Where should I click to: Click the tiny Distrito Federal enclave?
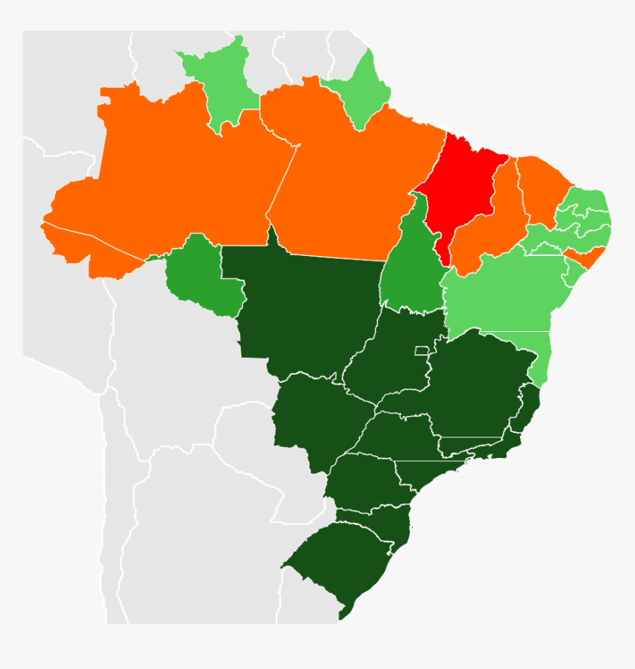tap(422, 350)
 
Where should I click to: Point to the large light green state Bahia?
tap(502, 295)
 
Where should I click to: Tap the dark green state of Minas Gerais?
tap(473, 391)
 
